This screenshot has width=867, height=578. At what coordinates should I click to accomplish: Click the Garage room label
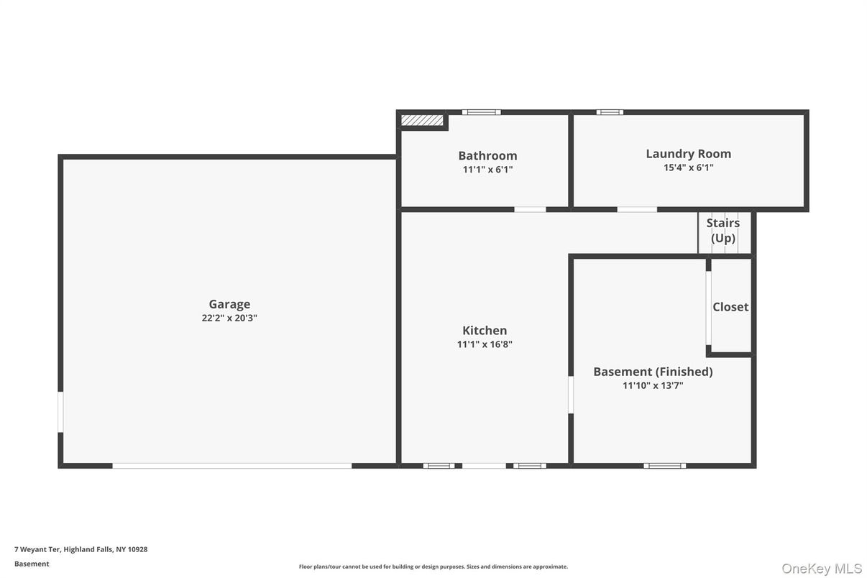pos(229,304)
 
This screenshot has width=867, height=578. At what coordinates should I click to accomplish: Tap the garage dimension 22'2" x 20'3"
pos(229,318)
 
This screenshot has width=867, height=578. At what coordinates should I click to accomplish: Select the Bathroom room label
pos(487,155)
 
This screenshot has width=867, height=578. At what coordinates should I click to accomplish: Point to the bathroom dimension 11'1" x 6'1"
pos(487,170)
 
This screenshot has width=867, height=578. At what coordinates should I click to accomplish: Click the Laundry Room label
pos(688,153)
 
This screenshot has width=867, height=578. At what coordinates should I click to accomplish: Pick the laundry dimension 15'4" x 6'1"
pos(688,168)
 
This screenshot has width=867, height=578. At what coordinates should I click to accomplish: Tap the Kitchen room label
pos(485,330)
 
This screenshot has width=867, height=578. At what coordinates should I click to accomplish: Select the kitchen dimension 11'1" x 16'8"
pos(485,344)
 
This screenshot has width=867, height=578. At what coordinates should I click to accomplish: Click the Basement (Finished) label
pos(653,371)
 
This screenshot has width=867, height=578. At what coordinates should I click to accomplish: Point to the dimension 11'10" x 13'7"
pos(653,385)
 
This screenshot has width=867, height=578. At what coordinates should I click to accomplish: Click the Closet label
pos(730,306)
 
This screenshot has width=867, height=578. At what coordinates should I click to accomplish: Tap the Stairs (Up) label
pos(723,230)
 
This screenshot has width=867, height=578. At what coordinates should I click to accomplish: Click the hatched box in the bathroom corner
pos(422,120)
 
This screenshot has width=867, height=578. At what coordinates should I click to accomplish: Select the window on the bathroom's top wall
pos(481,112)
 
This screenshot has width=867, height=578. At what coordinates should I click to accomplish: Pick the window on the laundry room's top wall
pos(610,112)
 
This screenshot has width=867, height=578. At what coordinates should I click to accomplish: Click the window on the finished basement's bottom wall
pos(664,466)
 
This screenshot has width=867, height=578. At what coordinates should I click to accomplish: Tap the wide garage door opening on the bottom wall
pos(231,466)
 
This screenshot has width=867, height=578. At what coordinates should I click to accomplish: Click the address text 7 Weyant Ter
pos(81,549)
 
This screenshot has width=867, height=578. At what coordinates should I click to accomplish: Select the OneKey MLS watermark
pos(822,569)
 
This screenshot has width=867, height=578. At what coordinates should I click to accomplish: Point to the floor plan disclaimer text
pos(433,566)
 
